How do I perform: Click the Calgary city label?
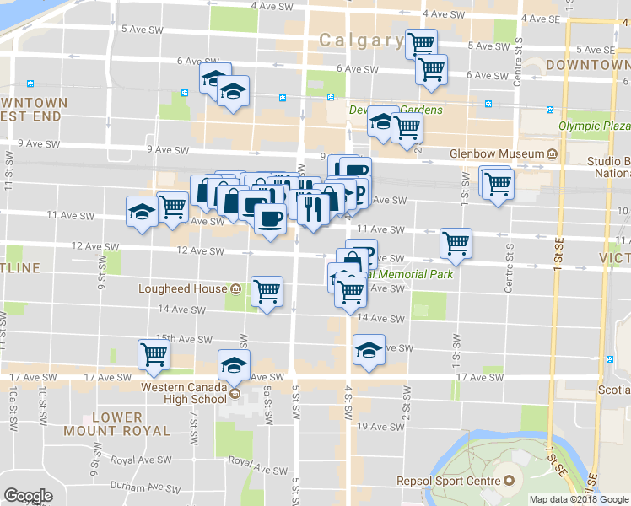(x=361, y=40)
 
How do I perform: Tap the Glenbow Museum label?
(x=497, y=153)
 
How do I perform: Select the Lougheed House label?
(x=183, y=288)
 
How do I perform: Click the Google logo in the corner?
(x=28, y=496)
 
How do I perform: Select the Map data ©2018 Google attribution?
(x=579, y=499)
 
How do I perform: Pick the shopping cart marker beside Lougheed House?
(x=267, y=292)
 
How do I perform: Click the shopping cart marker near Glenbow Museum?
(x=498, y=182)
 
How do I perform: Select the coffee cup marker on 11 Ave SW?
(x=270, y=219)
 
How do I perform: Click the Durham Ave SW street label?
(x=141, y=487)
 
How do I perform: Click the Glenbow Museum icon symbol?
(x=552, y=153)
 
